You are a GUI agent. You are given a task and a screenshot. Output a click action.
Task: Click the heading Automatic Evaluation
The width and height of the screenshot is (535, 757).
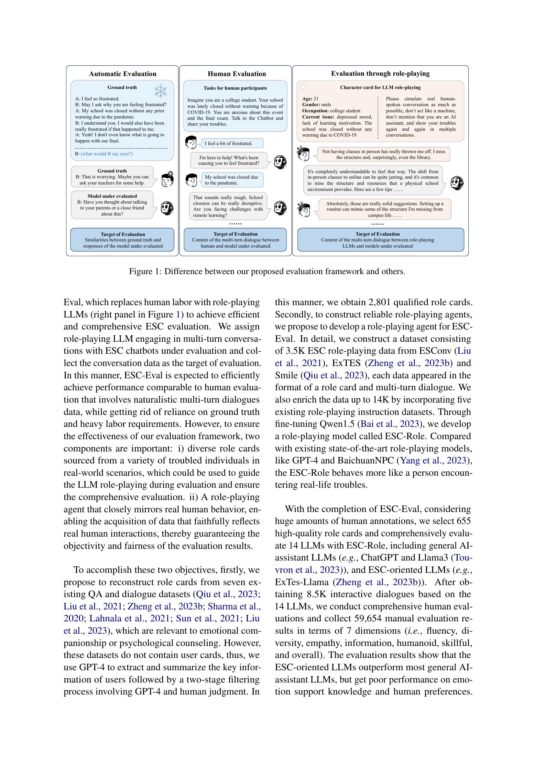(123, 74)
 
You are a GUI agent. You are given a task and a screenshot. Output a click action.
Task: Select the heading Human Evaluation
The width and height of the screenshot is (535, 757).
(236, 74)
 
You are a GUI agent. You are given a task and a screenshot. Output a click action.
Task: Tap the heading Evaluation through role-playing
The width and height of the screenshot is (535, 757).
(380, 73)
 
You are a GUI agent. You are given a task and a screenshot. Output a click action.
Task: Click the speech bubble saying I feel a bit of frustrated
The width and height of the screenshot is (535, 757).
(232, 143)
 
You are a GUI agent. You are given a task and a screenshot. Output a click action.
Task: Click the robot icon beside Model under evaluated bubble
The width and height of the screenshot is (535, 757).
(167, 208)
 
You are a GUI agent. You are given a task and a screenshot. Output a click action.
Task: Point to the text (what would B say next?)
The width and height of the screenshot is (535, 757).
(106, 154)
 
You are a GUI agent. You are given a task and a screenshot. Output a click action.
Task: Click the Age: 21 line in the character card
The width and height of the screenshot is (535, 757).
(310, 99)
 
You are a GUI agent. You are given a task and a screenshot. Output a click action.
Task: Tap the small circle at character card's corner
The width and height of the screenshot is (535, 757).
(303, 87)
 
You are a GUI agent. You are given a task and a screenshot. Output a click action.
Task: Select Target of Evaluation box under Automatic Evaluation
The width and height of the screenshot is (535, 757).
(122, 240)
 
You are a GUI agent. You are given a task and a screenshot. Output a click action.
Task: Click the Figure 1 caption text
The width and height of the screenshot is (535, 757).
(267, 271)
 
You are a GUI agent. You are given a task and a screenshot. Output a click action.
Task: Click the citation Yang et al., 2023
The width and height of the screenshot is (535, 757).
(433, 460)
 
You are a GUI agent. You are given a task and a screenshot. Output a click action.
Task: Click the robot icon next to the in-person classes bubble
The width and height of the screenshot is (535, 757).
(457, 182)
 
